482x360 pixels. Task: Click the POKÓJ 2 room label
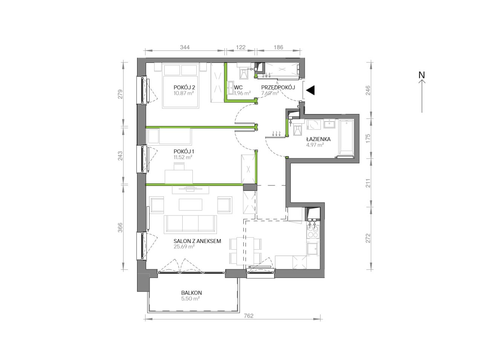pyautogui.click(x=184, y=87)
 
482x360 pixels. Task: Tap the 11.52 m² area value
pyautogui.click(x=183, y=157)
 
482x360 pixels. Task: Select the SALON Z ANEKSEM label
pyautogui.click(x=197, y=241)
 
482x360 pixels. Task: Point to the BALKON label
pyautogui.click(x=192, y=293)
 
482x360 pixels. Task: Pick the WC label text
pyautogui.click(x=238, y=88)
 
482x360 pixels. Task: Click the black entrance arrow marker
pyautogui.click(x=310, y=90)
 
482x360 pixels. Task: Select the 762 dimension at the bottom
pyautogui.click(x=249, y=316)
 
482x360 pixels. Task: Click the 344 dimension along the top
pyautogui.click(x=185, y=47)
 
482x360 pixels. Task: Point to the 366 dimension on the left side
pyautogui.click(x=120, y=228)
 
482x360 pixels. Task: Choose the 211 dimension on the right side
pyautogui.click(x=368, y=183)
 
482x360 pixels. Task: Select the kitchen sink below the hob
pyautogui.click(x=313, y=249)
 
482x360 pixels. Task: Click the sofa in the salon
pyautogui.click(x=190, y=224)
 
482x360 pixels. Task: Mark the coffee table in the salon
pyautogui.click(x=191, y=205)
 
